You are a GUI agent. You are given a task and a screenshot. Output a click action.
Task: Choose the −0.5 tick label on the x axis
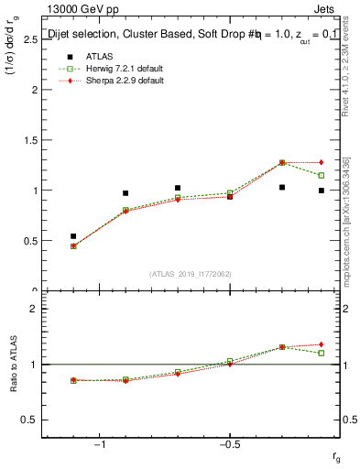pyautogui.click(x=229, y=444)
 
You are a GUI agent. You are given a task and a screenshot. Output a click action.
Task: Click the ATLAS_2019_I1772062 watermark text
pyautogui.click(x=191, y=273)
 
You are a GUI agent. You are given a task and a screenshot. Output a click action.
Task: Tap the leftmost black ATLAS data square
pyautogui.click(x=73, y=236)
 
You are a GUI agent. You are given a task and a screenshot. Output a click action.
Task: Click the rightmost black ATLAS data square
pyautogui.click(x=322, y=191)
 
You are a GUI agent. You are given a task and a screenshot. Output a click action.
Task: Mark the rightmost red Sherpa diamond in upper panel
pyautogui.click(x=322, y=162)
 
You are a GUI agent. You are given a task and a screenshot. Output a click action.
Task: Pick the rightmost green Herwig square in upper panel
pyautogui.click(x=322, y=175)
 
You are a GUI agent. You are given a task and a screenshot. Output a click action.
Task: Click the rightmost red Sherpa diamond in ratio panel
pyautogui.click(x=322, y=344)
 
